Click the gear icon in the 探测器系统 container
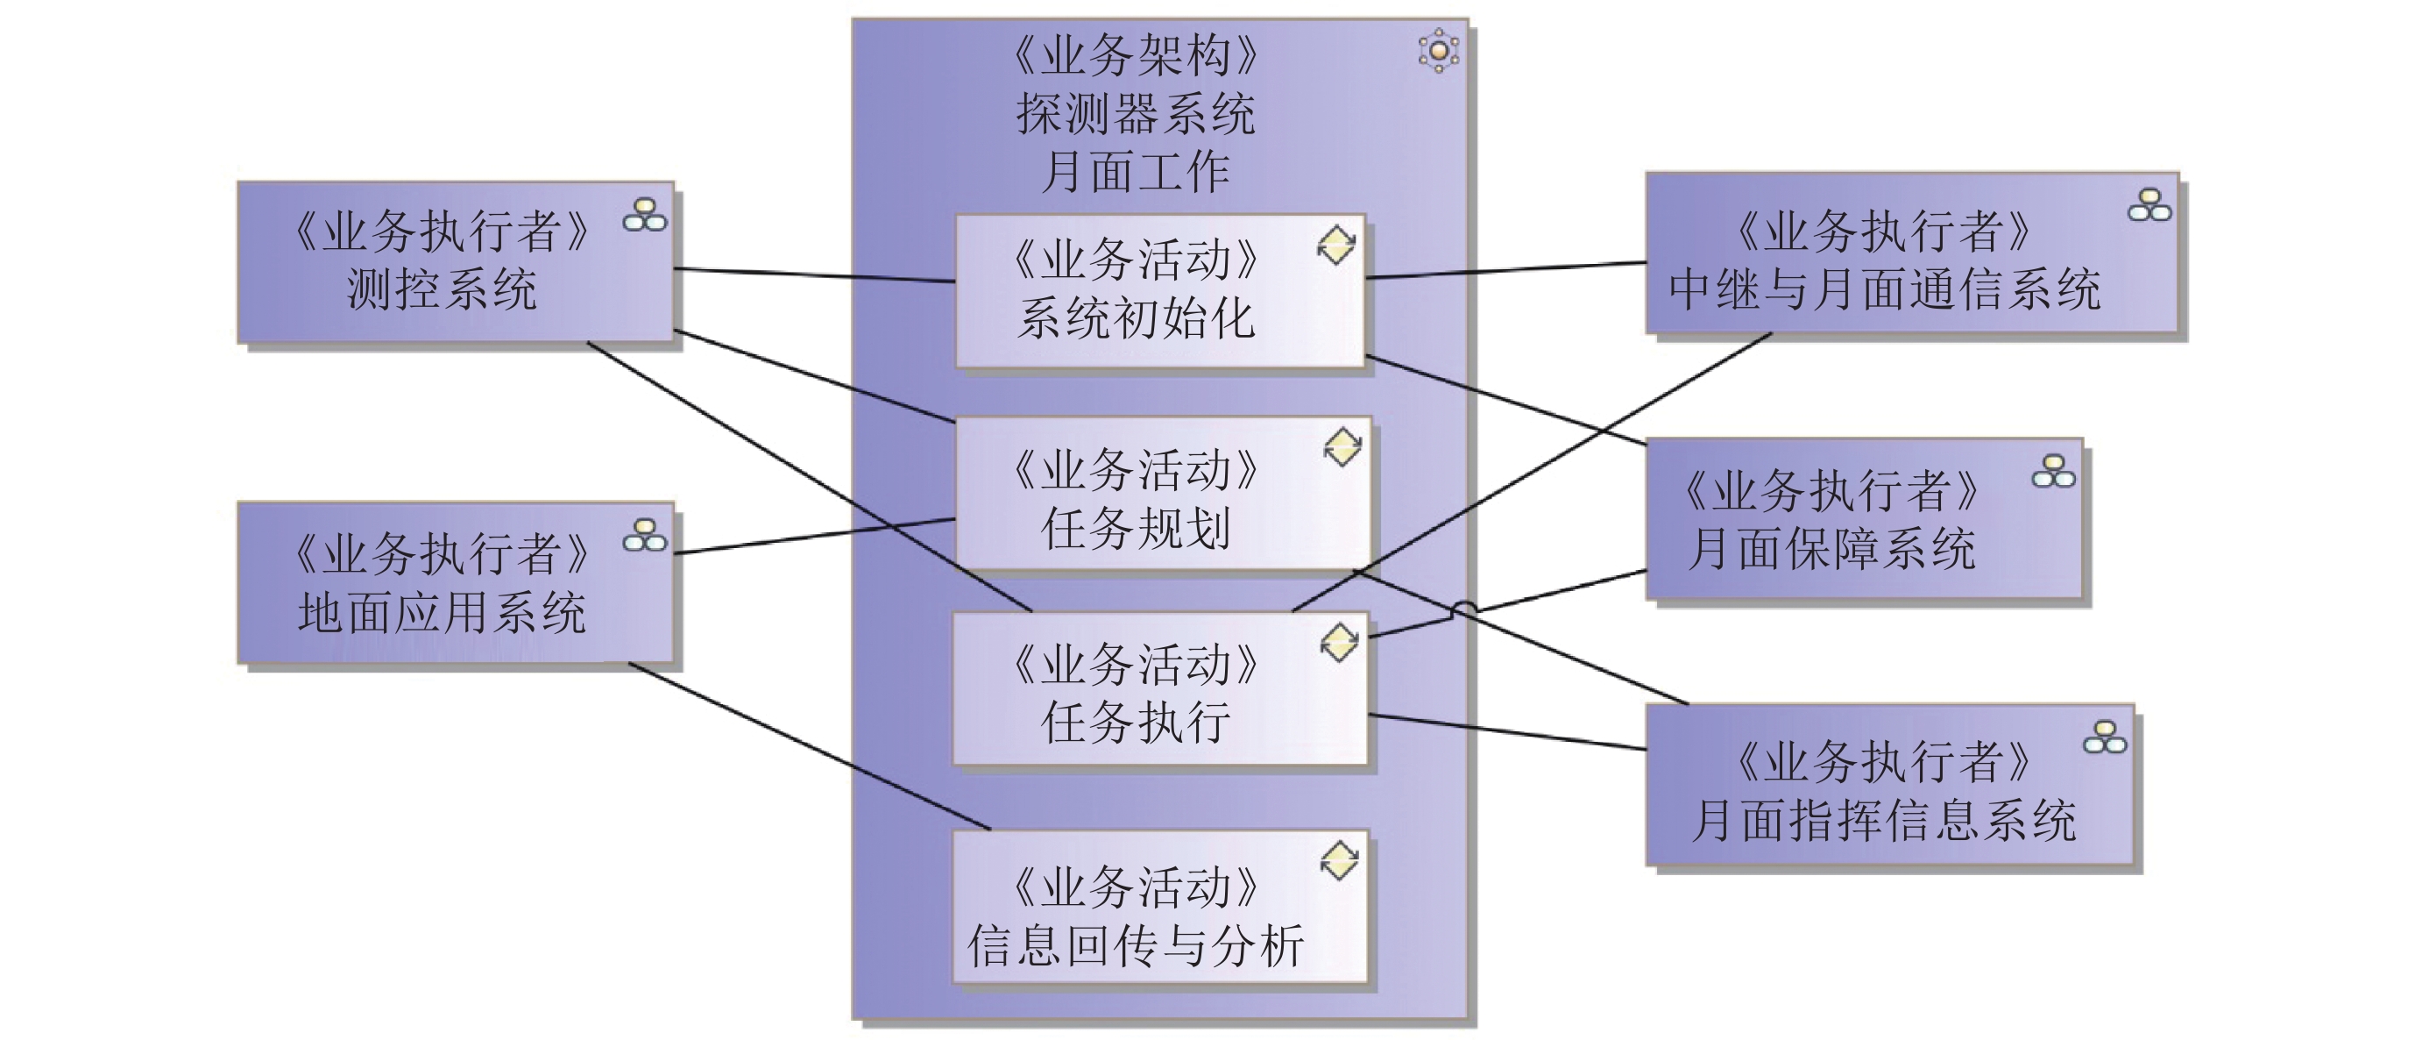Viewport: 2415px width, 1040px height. (1438, 50)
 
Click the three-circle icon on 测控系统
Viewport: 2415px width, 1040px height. (645, 215)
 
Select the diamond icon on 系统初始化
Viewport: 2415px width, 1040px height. (1336, 245)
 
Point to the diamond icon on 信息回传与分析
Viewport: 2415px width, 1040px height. (1339, 860)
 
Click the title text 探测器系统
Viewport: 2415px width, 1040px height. (1136, 114)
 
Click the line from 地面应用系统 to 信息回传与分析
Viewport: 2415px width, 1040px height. (806, 746)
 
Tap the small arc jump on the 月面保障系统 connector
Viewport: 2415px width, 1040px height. (1464, 609)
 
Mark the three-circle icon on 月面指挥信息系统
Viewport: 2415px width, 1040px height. (2105, 738)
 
